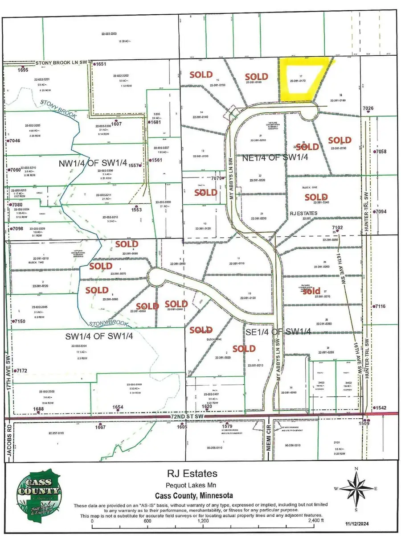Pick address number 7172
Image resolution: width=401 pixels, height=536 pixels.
(x=21, y=371)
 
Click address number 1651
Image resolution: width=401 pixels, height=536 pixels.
(x=100, y=64)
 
